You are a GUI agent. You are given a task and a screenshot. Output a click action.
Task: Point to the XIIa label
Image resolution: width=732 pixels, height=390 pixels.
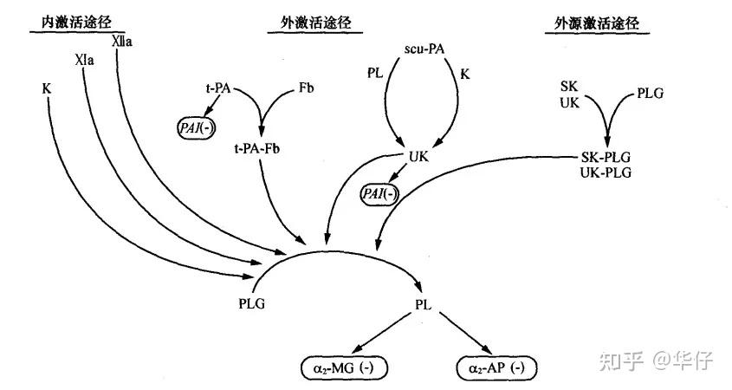click(x=121, y=41)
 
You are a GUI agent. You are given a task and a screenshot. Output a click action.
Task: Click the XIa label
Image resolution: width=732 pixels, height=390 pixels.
click(x=84, y=62)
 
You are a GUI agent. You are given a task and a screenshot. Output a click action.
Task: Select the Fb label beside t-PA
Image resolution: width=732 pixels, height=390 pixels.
click(x=305, y=88)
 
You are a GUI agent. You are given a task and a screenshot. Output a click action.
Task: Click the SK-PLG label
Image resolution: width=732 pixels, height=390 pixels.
click(x=604, y=159)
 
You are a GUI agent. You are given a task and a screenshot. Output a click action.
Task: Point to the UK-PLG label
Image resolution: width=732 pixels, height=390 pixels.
click(x=604, y=172)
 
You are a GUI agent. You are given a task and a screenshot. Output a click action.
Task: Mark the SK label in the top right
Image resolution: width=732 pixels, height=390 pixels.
click(x=569, y=87)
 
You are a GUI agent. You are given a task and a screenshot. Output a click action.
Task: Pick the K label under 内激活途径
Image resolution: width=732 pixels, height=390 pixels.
click(x=45, y=88)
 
